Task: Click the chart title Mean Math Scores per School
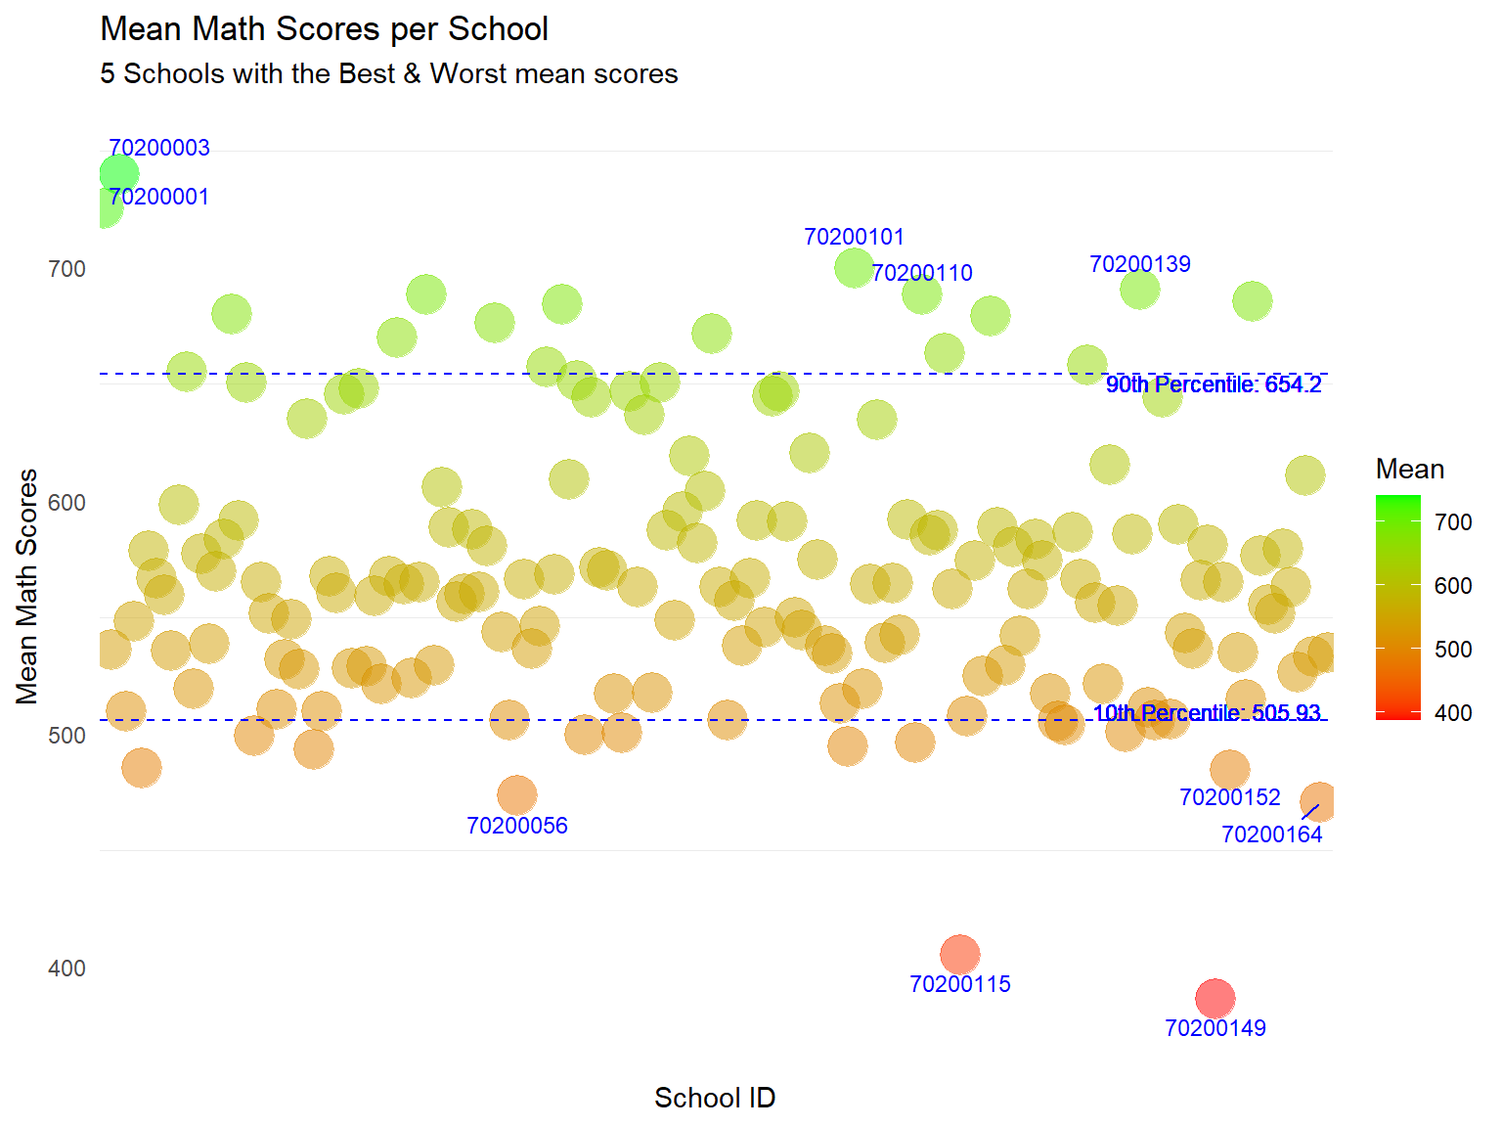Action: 324,29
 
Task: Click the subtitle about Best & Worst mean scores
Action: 388,74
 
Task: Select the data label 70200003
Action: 159,148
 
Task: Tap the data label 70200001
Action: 159,197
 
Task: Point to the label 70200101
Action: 854,237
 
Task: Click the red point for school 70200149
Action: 1215,998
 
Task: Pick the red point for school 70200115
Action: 959,954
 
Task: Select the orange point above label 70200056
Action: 516,794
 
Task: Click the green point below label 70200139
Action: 1139,290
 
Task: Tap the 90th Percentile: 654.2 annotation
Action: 1214,384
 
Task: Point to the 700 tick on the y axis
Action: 66,269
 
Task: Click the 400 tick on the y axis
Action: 66,969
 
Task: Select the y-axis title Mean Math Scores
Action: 27,586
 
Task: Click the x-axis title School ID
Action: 715,1098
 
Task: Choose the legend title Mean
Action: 1409,470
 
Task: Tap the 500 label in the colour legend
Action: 1453,650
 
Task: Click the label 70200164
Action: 1271,834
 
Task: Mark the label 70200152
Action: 1229,797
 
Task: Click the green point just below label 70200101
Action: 854,267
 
